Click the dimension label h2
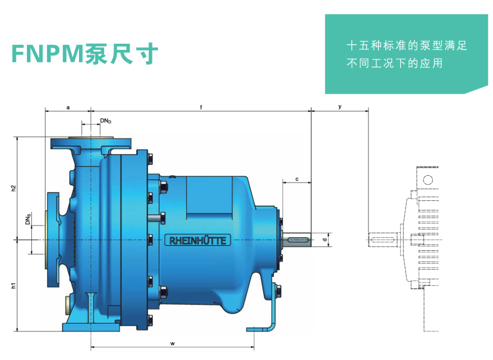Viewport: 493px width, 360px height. click(x=14, y=189)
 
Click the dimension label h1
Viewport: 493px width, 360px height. click(x=14, y=285)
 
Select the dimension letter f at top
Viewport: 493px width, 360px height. click(x=201, y=107)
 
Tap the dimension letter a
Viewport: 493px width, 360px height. click(x=68, y=107)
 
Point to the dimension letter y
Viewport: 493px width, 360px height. click(x=340, y=106)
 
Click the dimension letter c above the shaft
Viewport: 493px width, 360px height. click(x=297, y=179)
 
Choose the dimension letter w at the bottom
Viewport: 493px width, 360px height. click(x=172, y=343)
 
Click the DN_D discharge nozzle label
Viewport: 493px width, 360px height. click(x=105, y=121)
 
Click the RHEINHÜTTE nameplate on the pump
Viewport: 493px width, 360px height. click(x=198, y=240)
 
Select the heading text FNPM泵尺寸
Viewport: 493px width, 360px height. click(x=85, y=54)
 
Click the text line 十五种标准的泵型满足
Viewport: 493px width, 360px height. click(x=407, y=46)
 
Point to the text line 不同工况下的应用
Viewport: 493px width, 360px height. click(x=394, y=64)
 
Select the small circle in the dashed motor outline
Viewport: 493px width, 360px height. click(x=427, y=180)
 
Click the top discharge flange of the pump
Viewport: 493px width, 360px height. click(x=91, y=142)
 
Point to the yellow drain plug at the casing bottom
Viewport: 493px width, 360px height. click(x=65, y=303)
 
